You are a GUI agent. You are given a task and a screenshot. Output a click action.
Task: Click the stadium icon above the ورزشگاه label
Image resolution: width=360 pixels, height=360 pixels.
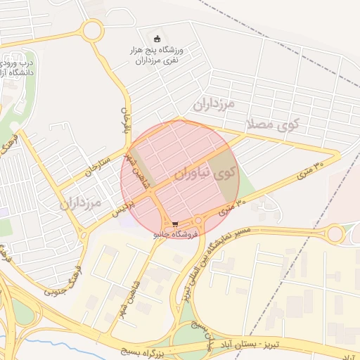point(157,38)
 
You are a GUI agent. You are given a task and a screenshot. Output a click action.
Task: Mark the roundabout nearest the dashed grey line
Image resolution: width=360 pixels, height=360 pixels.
point(335,233)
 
